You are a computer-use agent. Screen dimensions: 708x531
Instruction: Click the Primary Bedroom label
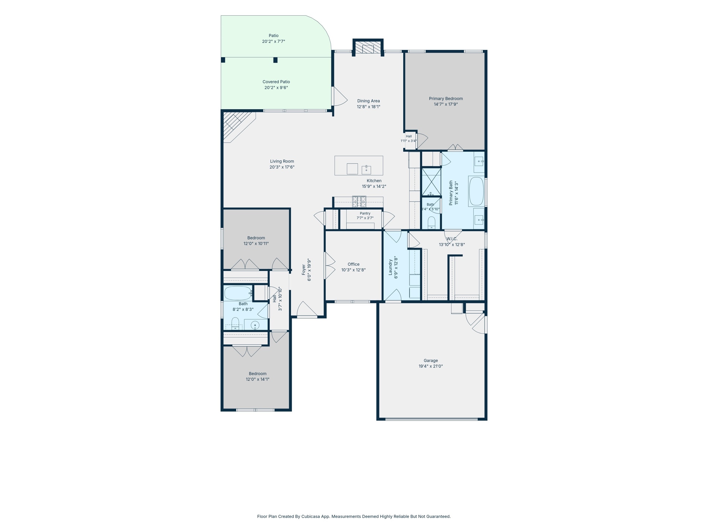coord(446,99)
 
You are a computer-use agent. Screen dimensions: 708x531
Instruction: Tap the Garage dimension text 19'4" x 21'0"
coord(431,366)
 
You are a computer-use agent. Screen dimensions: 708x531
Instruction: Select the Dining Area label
coord(369,101)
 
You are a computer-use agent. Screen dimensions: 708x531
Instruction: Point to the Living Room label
coord(282,161)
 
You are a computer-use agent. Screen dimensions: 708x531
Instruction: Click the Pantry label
coord(365,214)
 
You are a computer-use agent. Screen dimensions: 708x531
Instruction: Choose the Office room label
coord(354,264)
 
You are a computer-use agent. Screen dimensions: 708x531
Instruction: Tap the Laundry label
coord(391,268)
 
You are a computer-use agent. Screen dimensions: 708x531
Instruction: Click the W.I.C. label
coord(452,239)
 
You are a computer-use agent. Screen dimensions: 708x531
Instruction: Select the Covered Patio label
coord(276,82)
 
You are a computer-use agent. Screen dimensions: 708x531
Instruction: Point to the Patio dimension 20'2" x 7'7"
coord(274,42)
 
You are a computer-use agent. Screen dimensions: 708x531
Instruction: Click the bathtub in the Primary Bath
coord(476,192)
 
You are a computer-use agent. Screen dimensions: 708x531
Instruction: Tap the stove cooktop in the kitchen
coord(359,202)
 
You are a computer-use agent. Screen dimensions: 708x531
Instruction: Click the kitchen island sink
coord(366,170)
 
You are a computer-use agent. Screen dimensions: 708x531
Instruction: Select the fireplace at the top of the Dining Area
coord(368,47)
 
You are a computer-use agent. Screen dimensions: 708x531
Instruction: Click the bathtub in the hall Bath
coord(238,293)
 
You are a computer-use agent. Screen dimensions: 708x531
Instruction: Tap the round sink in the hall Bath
coord(255,325)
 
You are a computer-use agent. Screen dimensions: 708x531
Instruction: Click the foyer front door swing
coord(307,309)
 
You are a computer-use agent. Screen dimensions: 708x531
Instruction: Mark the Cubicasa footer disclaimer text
coord(354,516)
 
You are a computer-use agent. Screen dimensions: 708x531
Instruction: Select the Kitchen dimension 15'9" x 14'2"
coord(374,187)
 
